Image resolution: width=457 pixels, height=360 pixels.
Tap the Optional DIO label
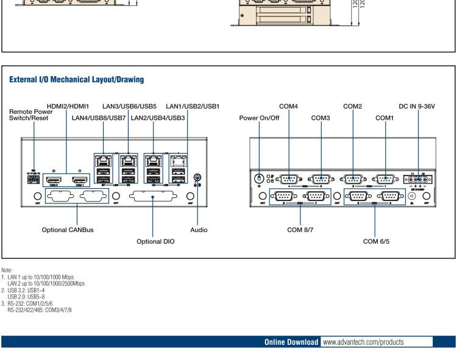coord(155,242)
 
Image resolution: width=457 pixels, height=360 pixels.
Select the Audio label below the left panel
coord(199,230)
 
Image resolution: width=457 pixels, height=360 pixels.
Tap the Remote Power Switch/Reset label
coord(31,115)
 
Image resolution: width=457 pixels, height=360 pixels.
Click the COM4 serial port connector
coord(288,179)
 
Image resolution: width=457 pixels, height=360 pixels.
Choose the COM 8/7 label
coord(300,230)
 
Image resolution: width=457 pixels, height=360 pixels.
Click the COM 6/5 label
coord(376,242)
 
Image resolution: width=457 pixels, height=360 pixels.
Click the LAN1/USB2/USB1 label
coord(186,107)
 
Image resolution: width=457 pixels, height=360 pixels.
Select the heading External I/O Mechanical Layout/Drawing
coord(76,79)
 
